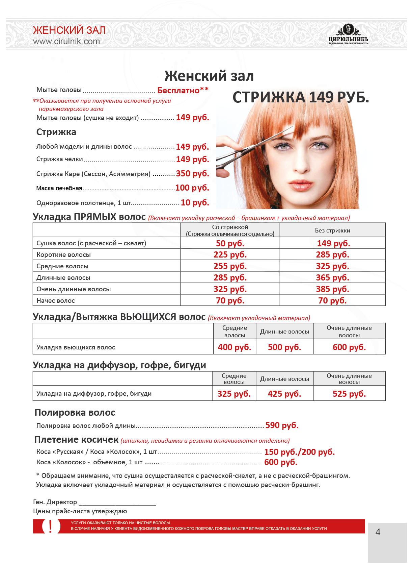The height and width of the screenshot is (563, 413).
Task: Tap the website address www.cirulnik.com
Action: (66, 41)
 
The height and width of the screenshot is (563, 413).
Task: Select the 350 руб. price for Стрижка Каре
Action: (192, 174)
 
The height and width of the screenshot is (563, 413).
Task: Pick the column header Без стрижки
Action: (332, 230)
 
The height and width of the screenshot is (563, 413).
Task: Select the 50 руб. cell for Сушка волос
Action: (230, 243)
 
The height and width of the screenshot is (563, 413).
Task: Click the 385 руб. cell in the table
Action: (332, 289)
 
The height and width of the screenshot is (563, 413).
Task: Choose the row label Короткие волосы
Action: (63, 255)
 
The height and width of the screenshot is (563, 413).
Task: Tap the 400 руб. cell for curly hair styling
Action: (235, 347)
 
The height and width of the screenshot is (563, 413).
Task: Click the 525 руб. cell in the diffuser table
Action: (349, 394)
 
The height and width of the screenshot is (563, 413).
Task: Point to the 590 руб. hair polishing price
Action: (282, 425)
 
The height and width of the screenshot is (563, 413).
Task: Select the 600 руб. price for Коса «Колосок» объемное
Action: (281, 462)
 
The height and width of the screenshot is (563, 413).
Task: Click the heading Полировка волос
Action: (75, 412)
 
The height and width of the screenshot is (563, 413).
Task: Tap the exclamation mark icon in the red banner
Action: (51, 527)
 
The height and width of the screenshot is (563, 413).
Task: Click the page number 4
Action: (378, 532)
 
